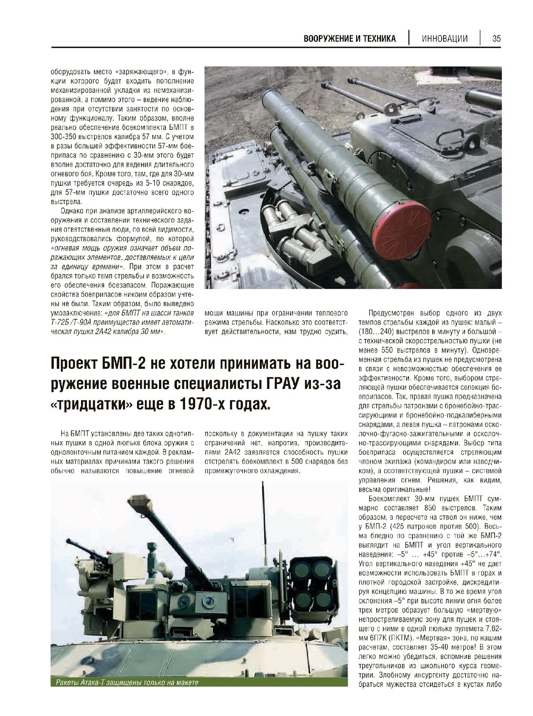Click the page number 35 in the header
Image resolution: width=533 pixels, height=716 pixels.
pos(496,38)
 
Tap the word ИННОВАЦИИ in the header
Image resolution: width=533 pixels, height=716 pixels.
pos(445,38)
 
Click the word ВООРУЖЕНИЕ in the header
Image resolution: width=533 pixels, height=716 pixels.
pos(325,38)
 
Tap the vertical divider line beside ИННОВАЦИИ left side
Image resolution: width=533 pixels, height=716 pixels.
pos(409,38)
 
